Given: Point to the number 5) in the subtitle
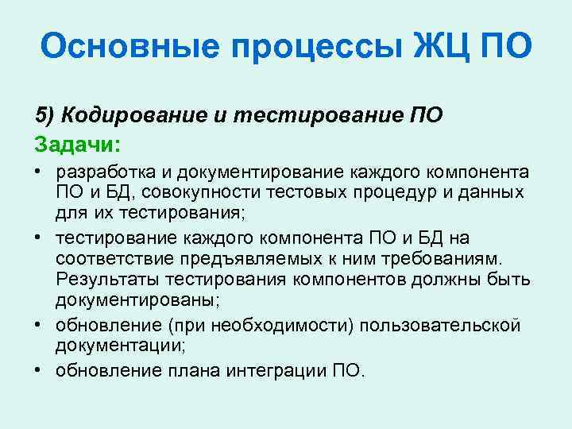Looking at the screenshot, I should click(45, 116).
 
